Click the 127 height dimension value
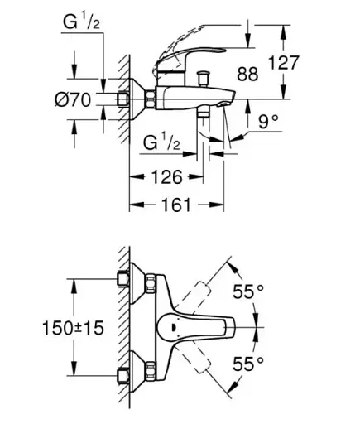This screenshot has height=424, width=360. (283, 63)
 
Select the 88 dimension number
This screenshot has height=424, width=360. (247, 74)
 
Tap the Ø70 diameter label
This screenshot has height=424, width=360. (73, 99)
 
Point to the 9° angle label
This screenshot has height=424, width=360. (268, 121)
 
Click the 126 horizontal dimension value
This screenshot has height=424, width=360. (167, 176)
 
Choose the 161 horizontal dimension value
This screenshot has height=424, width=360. (175, 205)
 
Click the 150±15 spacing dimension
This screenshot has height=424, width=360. (73, 328)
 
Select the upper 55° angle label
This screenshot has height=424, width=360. (248, 291)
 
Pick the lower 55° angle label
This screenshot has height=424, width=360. (248, 364)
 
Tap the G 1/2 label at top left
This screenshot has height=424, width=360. (81, 22)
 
